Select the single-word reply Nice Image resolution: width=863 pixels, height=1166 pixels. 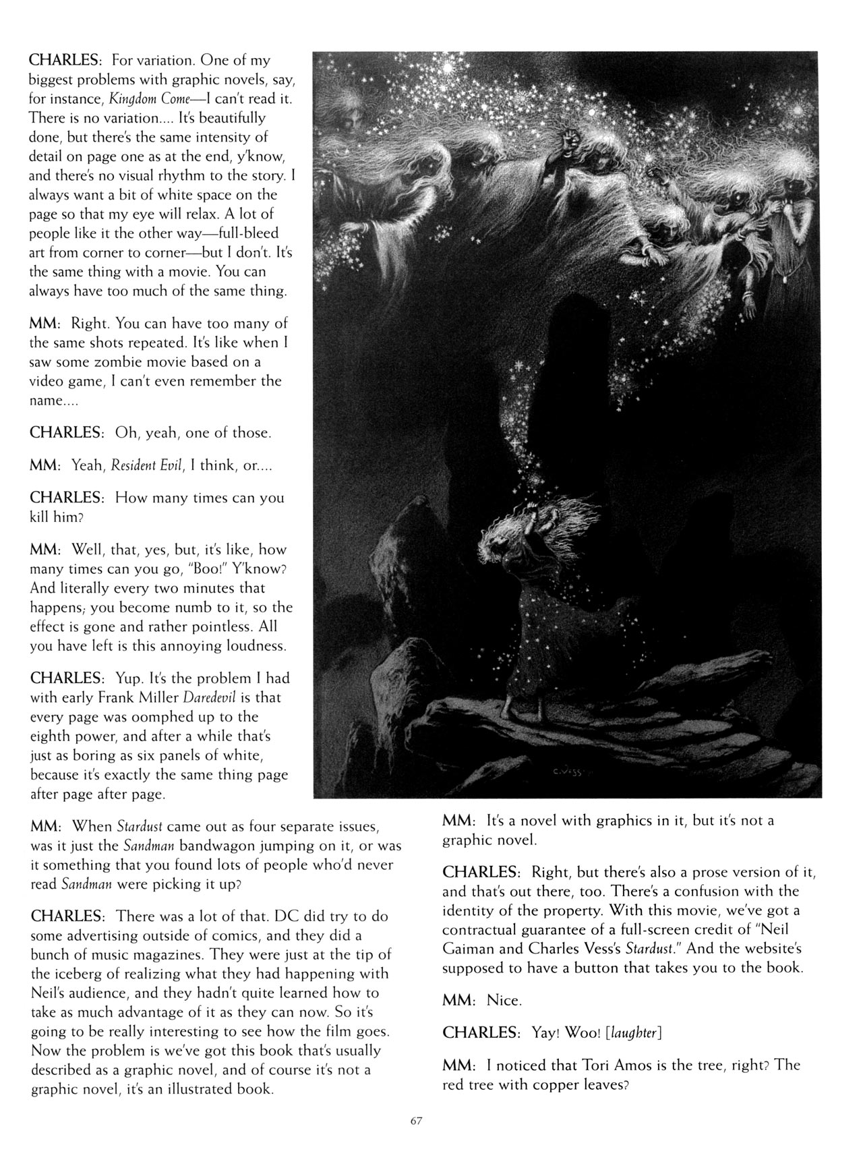[x=504, y=1000]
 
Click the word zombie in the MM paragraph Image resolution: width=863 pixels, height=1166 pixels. [x=123, y=361]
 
